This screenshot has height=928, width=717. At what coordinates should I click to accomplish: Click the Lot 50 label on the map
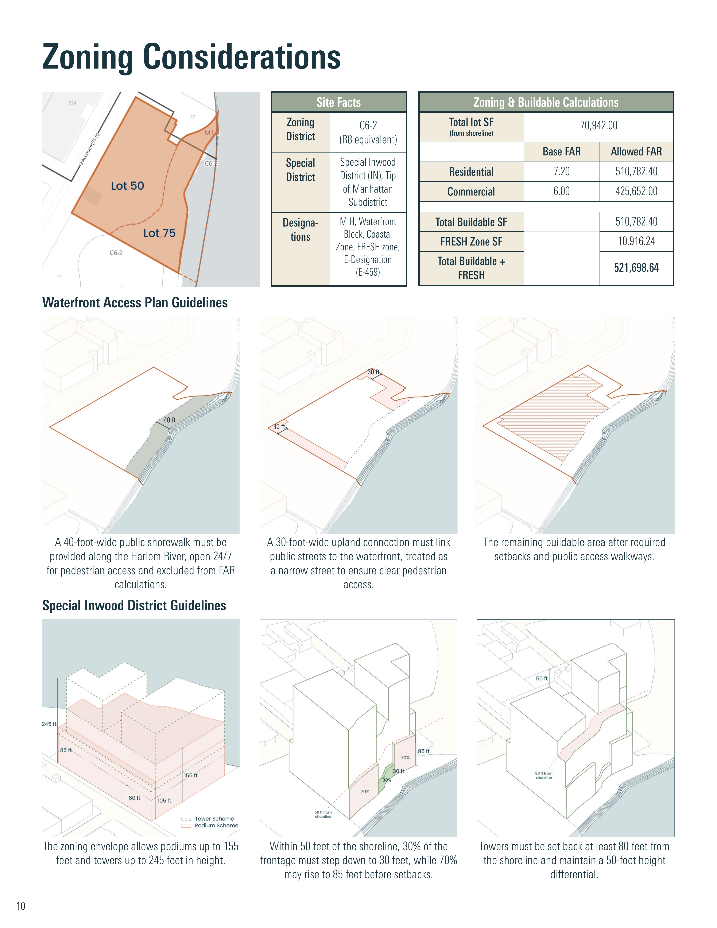click(x=127, y=186)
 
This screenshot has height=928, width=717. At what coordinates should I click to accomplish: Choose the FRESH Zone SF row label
click(x=471, y=241)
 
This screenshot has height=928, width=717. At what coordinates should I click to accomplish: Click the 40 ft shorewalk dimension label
click(x=170, y=420)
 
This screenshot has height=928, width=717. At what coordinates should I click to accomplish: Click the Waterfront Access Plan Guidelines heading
click(x=135, y=302)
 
